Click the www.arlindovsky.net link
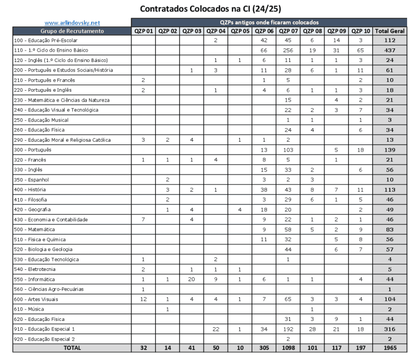(72, 23)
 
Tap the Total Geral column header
(389, 31)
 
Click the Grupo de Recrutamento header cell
(72, 31)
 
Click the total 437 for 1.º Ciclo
(389, 51)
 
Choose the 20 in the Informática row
(192, 279)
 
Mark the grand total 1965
(389, 348)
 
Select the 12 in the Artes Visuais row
(143, 299)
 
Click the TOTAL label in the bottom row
(72, 348)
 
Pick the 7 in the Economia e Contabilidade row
(143, 219)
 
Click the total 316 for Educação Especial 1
(389, 329)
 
